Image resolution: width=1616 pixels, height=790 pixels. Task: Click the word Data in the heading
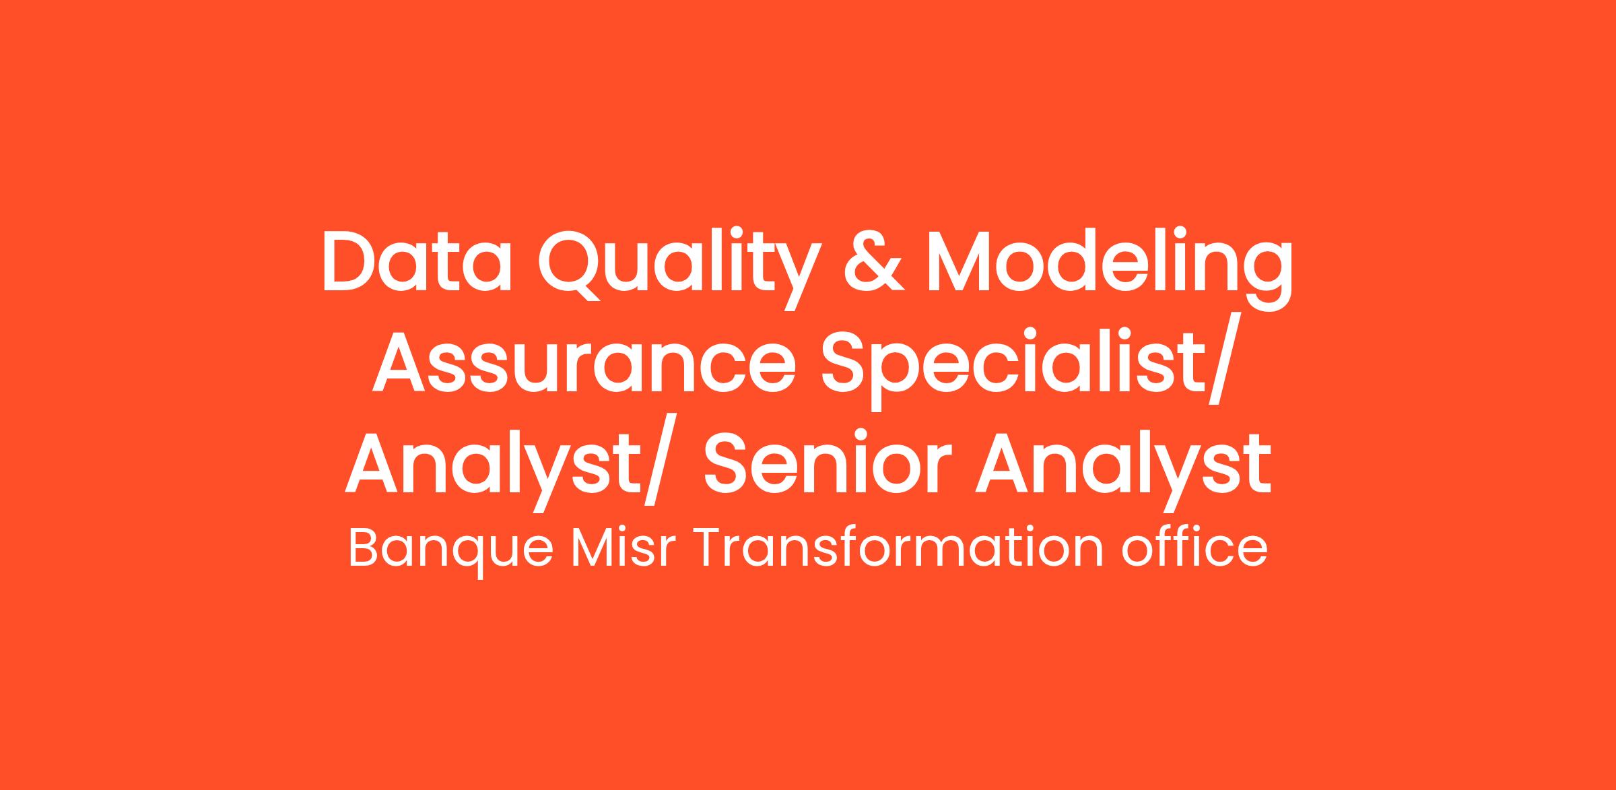point(417,262)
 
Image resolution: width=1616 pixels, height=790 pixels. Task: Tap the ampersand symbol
point(873,262)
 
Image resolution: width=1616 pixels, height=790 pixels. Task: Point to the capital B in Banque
point(364,548)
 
